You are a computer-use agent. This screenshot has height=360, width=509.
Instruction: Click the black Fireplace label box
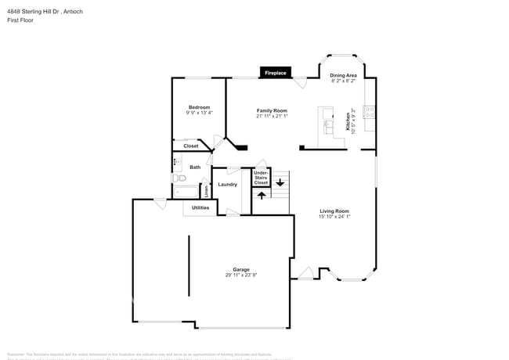tap(275, 73)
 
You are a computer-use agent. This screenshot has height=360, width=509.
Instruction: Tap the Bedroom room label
tap(199, 107)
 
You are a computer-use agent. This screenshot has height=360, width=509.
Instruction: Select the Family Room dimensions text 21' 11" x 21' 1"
tap(272, 117)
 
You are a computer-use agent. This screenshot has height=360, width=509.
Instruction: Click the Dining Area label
tap(343, 75)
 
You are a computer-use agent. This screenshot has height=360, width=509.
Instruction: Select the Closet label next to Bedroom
tap(191, 146)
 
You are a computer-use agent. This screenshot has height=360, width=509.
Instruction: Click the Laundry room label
tap(228, 185)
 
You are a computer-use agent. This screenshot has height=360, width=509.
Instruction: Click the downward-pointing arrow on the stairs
tap(280, 183)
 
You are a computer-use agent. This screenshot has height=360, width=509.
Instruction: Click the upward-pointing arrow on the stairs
tap(261, 195)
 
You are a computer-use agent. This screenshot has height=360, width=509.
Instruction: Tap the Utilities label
tap(200, 207)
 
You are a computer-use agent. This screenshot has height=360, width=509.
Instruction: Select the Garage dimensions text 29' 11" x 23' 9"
tap(240, 275)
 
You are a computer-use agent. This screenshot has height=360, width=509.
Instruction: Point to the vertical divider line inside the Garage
tap(189, 266)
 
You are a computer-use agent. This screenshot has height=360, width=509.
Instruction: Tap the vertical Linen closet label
tap(207, 189)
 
